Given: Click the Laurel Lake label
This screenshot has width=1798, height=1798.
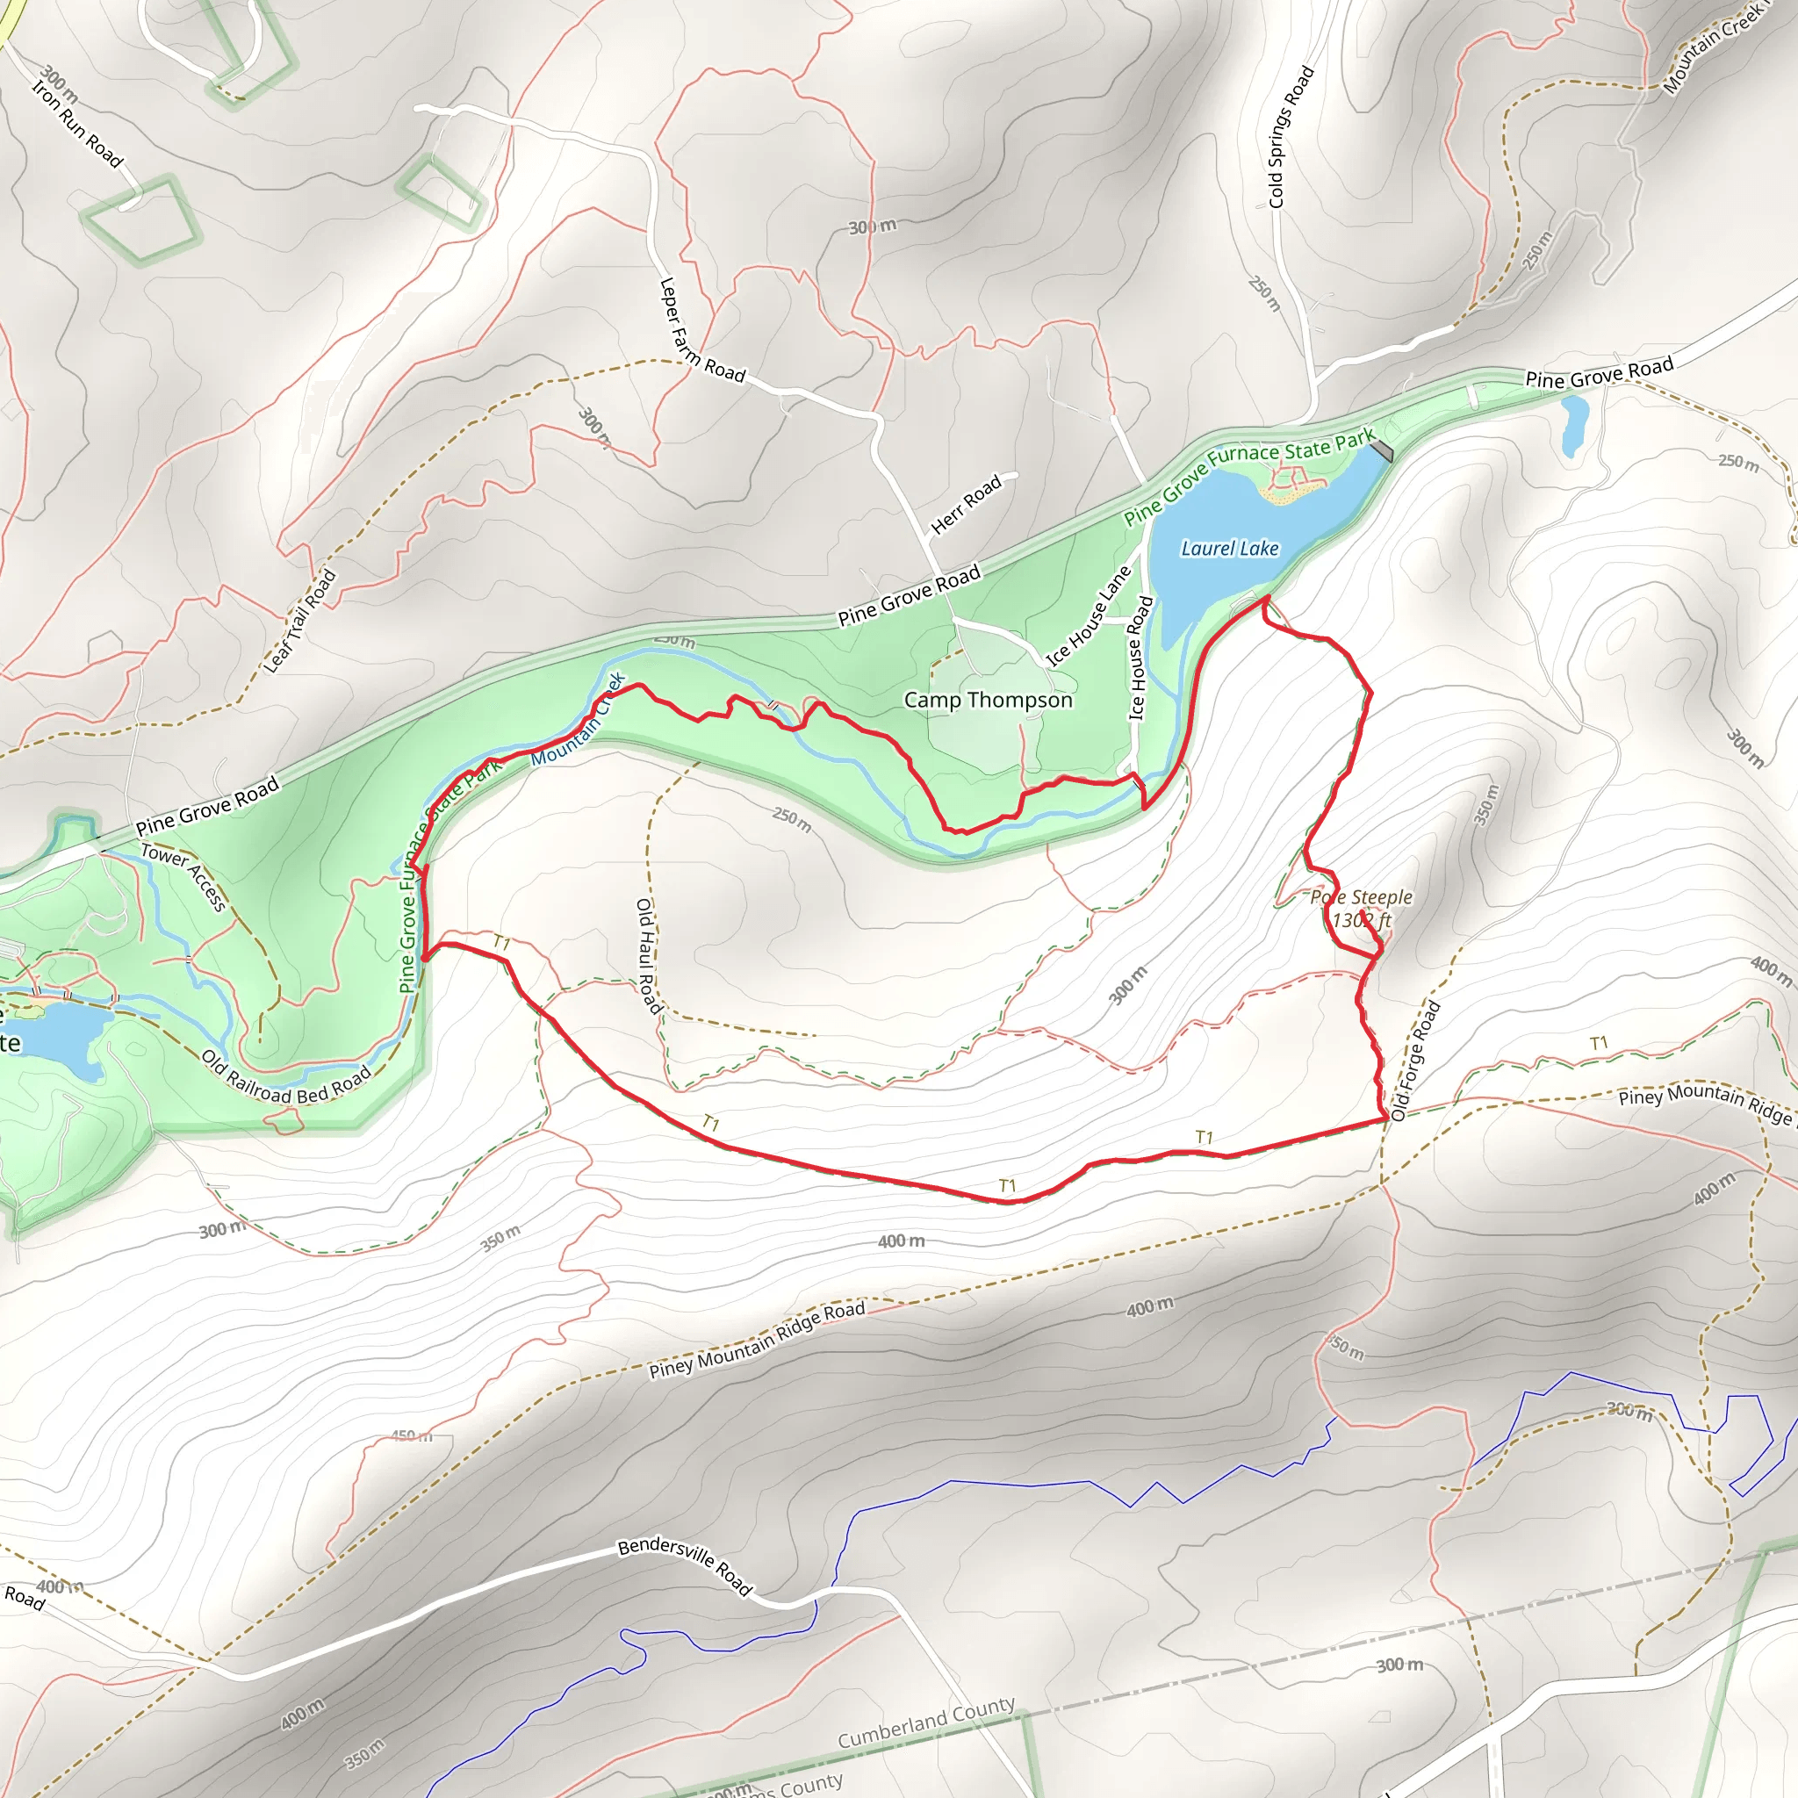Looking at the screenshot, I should (x=1229, y=548).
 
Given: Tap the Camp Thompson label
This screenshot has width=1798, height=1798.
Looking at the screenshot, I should (x=988, y=700).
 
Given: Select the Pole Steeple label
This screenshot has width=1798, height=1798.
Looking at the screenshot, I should (x=1361, y=897).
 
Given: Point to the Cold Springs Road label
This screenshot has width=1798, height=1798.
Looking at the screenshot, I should (x=1291, y=137).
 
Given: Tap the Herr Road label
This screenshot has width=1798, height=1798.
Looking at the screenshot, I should (x=966, y=503).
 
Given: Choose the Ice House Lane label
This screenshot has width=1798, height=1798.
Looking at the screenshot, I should (x=1088, y=616).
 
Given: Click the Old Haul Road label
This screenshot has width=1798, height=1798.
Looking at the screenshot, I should (x=648, y=956).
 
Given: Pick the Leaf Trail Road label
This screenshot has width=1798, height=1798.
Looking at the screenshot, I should (x=299, y=621).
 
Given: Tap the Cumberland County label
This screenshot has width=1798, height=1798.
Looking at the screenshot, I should (x=926, y=1721).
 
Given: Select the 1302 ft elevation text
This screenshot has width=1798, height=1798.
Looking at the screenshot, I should (x=1362, y=920).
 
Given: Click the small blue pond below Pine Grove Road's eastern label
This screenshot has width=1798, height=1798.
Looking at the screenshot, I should (x=1574, y=424).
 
